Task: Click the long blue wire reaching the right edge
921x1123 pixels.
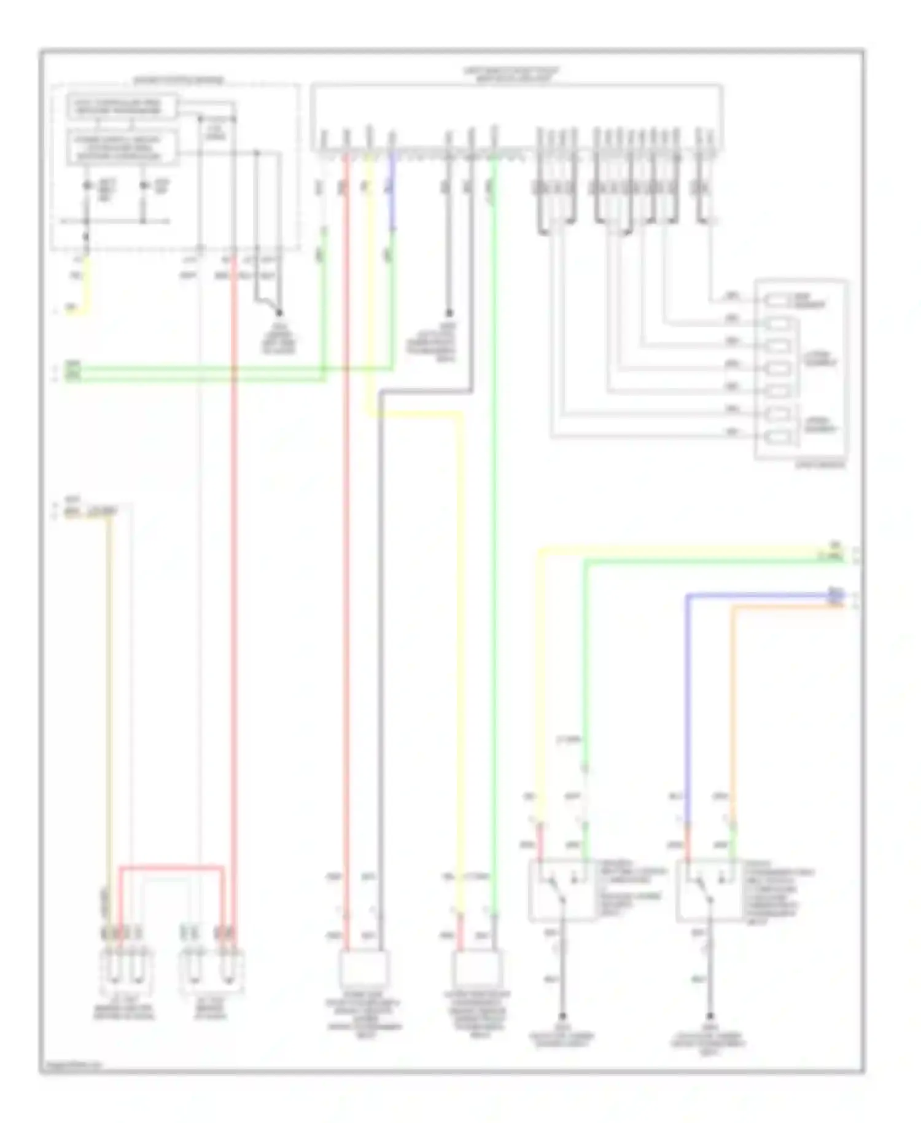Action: [761, 595]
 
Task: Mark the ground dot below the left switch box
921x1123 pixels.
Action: [562, 1017]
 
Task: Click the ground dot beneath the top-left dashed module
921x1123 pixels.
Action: [279, 313]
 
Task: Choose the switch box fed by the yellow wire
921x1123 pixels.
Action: [561, 890]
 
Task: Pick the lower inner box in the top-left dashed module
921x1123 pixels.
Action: [122, 148]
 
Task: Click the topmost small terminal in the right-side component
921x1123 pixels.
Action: [778, 300]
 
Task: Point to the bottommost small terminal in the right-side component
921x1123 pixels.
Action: [778, 437]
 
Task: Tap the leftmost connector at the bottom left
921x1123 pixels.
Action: [127, 971]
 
